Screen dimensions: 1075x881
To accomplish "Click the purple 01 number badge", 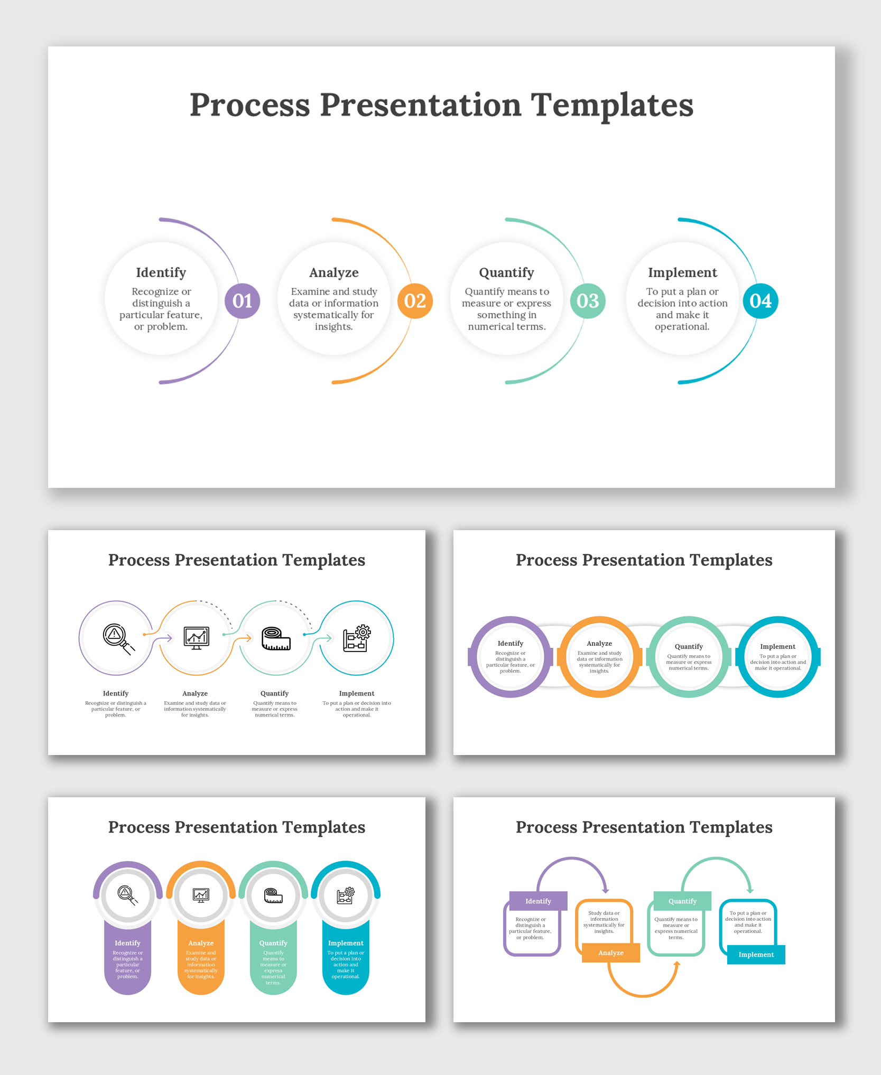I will tap(242, 301).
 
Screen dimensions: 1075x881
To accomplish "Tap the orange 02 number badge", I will tap(415, 301).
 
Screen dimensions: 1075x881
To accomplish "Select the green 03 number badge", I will tap(588, 301).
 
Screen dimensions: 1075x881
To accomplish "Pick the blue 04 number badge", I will tap(760, 301).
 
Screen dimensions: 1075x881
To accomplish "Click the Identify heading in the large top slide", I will tap(161, 272).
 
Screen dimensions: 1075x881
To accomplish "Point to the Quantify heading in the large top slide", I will tap(506, 272).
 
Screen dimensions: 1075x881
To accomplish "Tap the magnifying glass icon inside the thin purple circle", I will tap(118, 638).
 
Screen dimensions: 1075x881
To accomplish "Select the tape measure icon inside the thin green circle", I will tap(276, 638).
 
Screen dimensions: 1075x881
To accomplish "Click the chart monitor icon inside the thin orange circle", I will tap(197, 638).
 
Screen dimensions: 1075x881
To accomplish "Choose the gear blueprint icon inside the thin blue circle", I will tap(357, 638).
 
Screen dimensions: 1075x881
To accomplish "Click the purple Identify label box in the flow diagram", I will tap(538, 901).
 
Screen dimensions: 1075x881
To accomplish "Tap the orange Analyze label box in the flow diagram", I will tap(611, 953).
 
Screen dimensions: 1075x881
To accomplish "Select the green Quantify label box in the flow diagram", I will tap(682, 901).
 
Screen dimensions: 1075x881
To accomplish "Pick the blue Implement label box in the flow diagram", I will tap(756, 955).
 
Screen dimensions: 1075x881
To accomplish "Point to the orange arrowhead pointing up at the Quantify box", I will tap(677, 965).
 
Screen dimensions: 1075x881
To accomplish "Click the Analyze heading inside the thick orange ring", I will tap(599, 644).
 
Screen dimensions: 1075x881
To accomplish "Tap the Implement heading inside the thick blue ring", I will tap(777, 646).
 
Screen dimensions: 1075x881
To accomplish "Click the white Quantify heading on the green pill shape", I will tap(273, 943).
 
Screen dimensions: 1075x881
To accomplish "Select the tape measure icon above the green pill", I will tap(273, 895).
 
